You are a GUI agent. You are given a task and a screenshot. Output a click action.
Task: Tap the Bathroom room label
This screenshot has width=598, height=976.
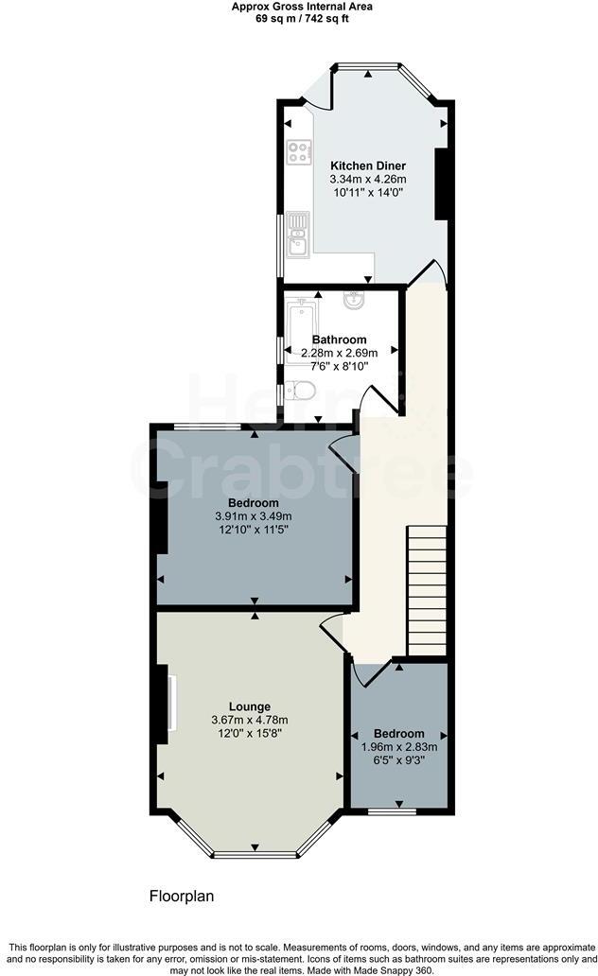[x=340, y=340]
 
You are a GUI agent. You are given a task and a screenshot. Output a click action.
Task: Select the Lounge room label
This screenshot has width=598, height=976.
[x=250, y=706]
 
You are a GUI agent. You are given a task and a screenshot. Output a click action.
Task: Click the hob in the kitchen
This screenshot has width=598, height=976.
[x=299, y=151]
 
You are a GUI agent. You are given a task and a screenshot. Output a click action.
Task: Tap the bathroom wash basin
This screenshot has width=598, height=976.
[x=354, y=302]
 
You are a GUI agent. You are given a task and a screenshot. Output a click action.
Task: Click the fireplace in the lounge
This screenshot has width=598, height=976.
[x=167, y=701]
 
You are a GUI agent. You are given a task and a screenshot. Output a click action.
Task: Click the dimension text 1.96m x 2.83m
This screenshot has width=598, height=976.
[x=398, y=747]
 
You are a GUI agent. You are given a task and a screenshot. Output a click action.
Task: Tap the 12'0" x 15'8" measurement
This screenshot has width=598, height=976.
[x=250, y=733]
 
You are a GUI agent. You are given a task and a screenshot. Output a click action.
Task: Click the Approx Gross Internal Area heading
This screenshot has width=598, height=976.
[x=302, y=7]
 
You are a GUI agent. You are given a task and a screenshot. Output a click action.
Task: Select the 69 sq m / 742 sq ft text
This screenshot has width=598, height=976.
[x=302, y=18]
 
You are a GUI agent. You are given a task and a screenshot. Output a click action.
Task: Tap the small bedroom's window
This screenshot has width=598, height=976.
[x=392, y=811]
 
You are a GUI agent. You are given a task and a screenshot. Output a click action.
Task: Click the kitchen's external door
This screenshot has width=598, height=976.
[x=318, y=94]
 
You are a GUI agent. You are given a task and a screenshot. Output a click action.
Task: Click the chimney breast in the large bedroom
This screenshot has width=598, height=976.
[x=161, y=516]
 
